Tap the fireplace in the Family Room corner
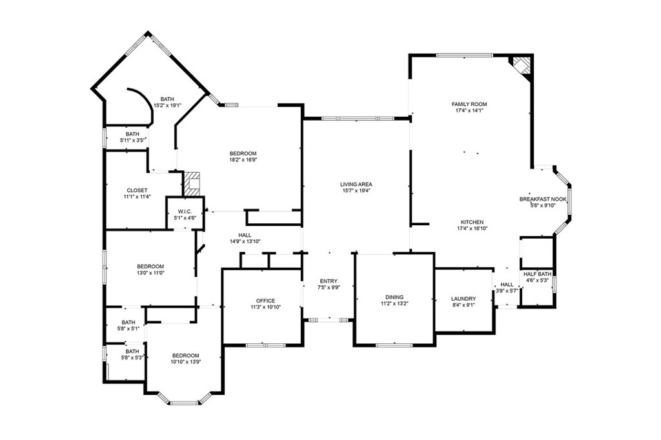tap(522, 65)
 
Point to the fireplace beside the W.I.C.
tap(192, 184)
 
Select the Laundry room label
tap(463, 299)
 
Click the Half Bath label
tap(538, 274)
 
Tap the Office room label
tap(265, 301)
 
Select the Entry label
tap(329, 281)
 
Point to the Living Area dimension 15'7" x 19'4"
tap(356, 190)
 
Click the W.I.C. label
tap(185, 211)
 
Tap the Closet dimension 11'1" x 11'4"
tap(137, 196)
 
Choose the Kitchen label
tap(472, 222)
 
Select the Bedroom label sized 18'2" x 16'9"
tap(243, 154)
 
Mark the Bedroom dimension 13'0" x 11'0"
tap(150, 273)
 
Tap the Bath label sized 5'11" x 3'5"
tap(132, 134)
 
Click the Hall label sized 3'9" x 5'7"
tap(507, 285)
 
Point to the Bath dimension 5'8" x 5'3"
tap(132, 358)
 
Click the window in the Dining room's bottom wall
tap(394, 345)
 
